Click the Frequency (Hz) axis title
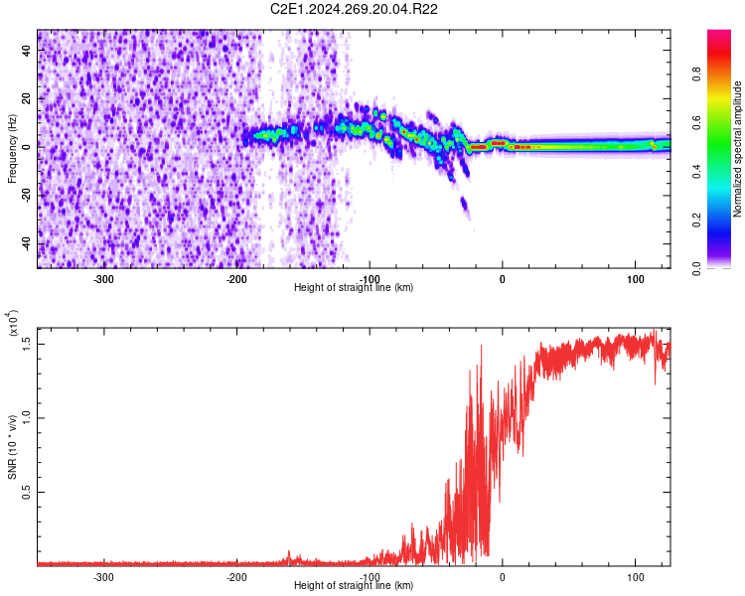pos(12,149)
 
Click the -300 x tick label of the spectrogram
pos(104,279)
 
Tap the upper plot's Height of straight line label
pos(354,288)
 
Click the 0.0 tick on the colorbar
pos(725,267)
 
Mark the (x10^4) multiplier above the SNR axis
pos(14,323)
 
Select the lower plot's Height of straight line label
pos(354,586)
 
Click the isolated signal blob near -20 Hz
pos(464,206)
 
